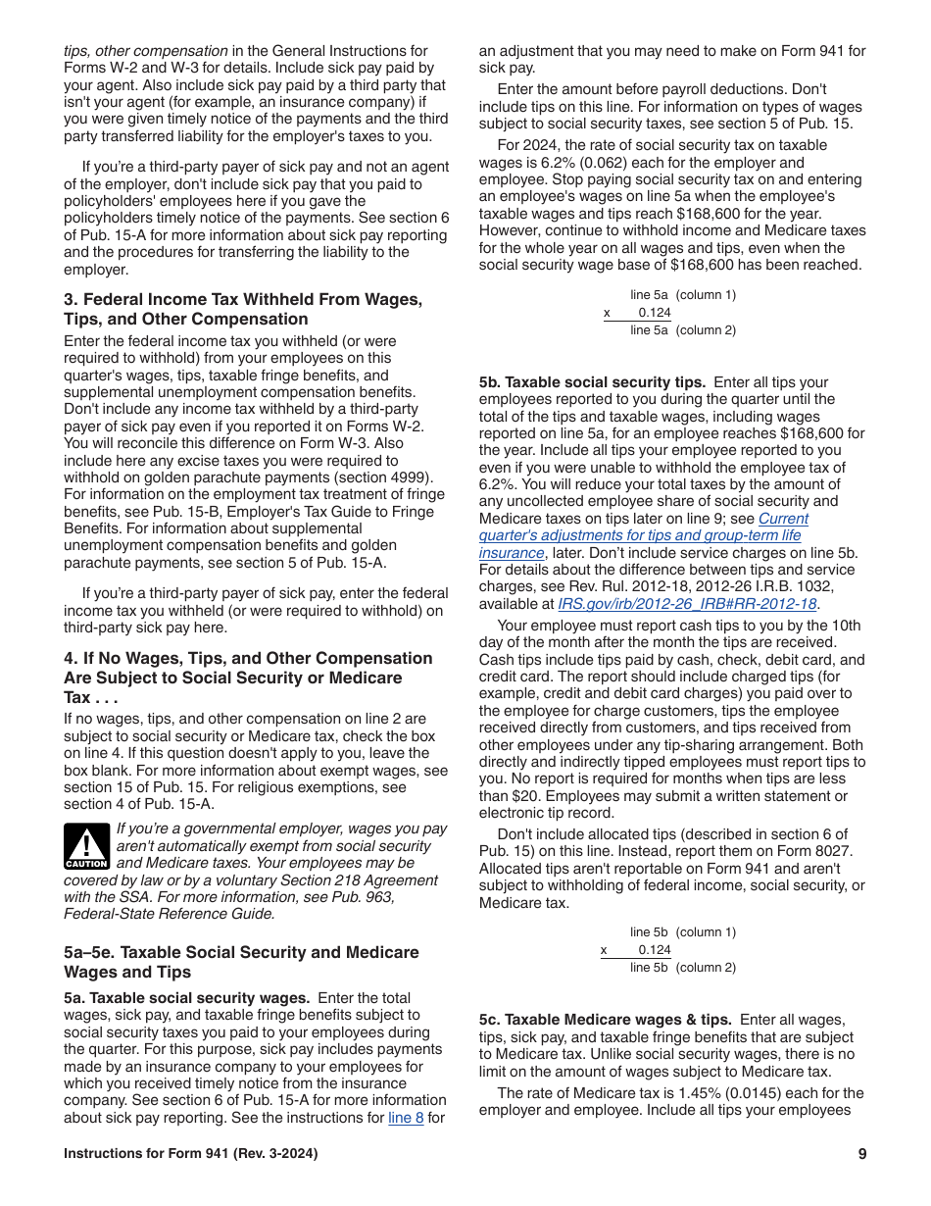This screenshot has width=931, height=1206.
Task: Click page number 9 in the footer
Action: tap(861, 1154)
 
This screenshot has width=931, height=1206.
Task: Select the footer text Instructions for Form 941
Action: tap(190, 1154)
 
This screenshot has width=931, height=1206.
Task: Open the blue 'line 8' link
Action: tap(406, 1117)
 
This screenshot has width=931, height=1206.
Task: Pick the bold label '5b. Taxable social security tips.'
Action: tap(592, 382)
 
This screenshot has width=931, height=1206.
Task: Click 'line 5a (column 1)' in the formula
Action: tap(682, 295)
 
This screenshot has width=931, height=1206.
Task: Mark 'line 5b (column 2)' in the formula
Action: tap(682, 968)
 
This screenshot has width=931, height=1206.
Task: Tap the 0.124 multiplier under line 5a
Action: tap(654, 313)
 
